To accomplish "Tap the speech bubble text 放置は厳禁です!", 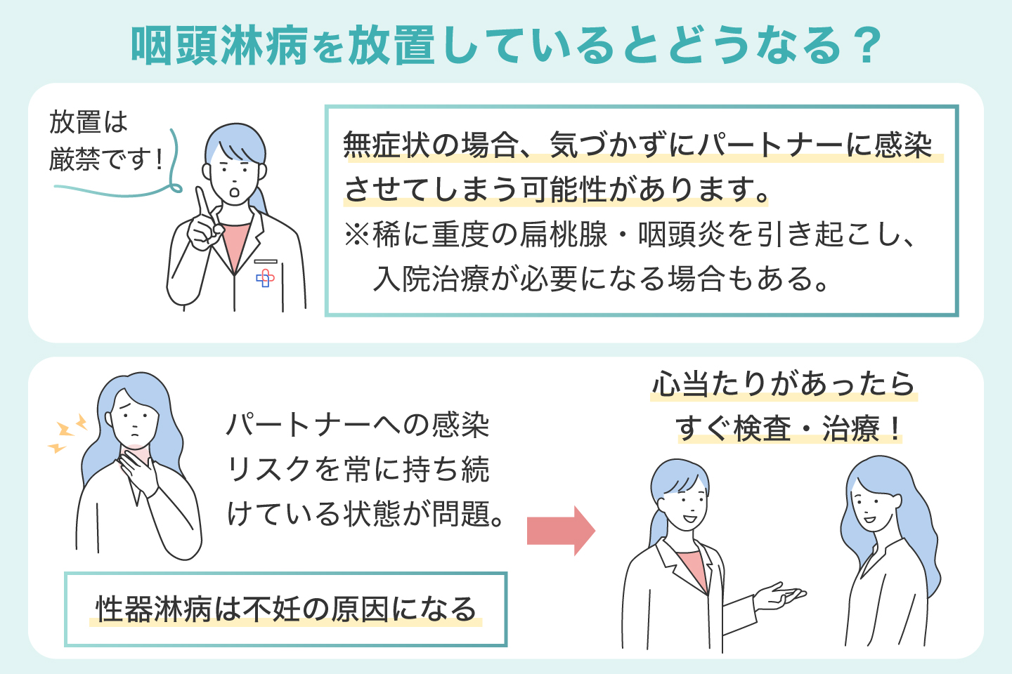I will point(105,141).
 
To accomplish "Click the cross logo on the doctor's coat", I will point(265,279).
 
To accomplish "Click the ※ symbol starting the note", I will point(356,234).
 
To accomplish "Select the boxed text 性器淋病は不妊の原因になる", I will point(286,609).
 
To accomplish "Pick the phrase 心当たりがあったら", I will point(784,385).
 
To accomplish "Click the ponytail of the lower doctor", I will point(658,527).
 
